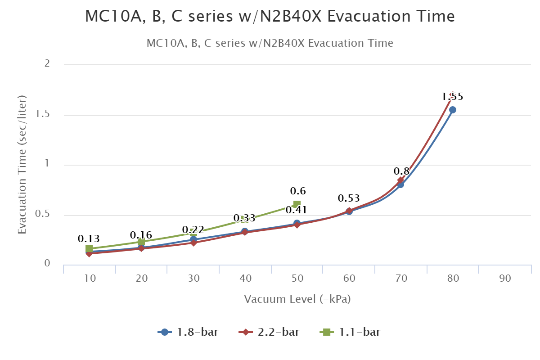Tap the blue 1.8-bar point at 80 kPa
coord(453,110)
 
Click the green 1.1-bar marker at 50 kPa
coord(297,204)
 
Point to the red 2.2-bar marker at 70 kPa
coord(400,180)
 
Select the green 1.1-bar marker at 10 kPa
coord(89,248)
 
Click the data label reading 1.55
coord(452,96)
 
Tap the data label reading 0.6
coord(298,191)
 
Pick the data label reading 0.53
coord(349,198)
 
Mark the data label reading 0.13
coord(89,238)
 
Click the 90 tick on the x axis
coord(505,279)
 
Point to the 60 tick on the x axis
coord(349,279)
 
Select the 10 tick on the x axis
coord(90,279)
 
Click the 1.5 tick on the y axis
coord(43,114)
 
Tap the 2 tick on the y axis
coord(46,64)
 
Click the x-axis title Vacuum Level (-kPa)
coord(297,299)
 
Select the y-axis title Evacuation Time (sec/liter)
coord(22,164)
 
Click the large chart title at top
coord(270,17)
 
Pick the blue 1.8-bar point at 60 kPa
coord(349,211)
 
